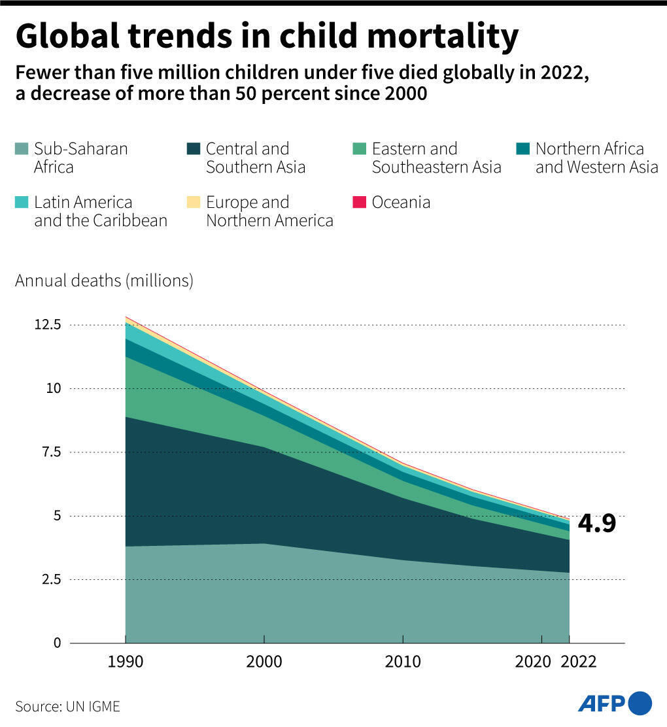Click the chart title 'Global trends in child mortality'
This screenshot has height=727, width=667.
pyautogui.click(x=267, y=37)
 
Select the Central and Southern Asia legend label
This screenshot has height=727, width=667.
pyautogui.click(x=256, y=158)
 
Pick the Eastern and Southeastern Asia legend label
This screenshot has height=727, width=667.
pyautogui.click(x=436, y=158)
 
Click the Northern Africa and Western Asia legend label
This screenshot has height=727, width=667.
pyautogui.click(x=596, y=158)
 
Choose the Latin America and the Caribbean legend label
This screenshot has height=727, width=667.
pyautogui.click(x=100, y=211)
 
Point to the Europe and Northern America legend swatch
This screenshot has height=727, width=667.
pyautogui.click(x=194, y=203)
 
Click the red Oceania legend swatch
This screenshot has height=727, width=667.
pyautogui.click(x=360, y=203)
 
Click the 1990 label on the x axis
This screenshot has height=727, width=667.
pyautogui.click(x=125, y=662)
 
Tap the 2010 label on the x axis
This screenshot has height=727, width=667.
pyautogui.click(x=403, y=662)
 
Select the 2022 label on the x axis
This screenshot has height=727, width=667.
pyautogui.click(x=579, y=662)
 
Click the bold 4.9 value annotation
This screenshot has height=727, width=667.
pyautogui.click(x=596, y=524)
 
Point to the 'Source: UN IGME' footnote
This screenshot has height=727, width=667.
pyautogui.click(x=68, y=707)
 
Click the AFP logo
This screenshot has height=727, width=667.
pyautogui.click(x=615, y=703)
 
